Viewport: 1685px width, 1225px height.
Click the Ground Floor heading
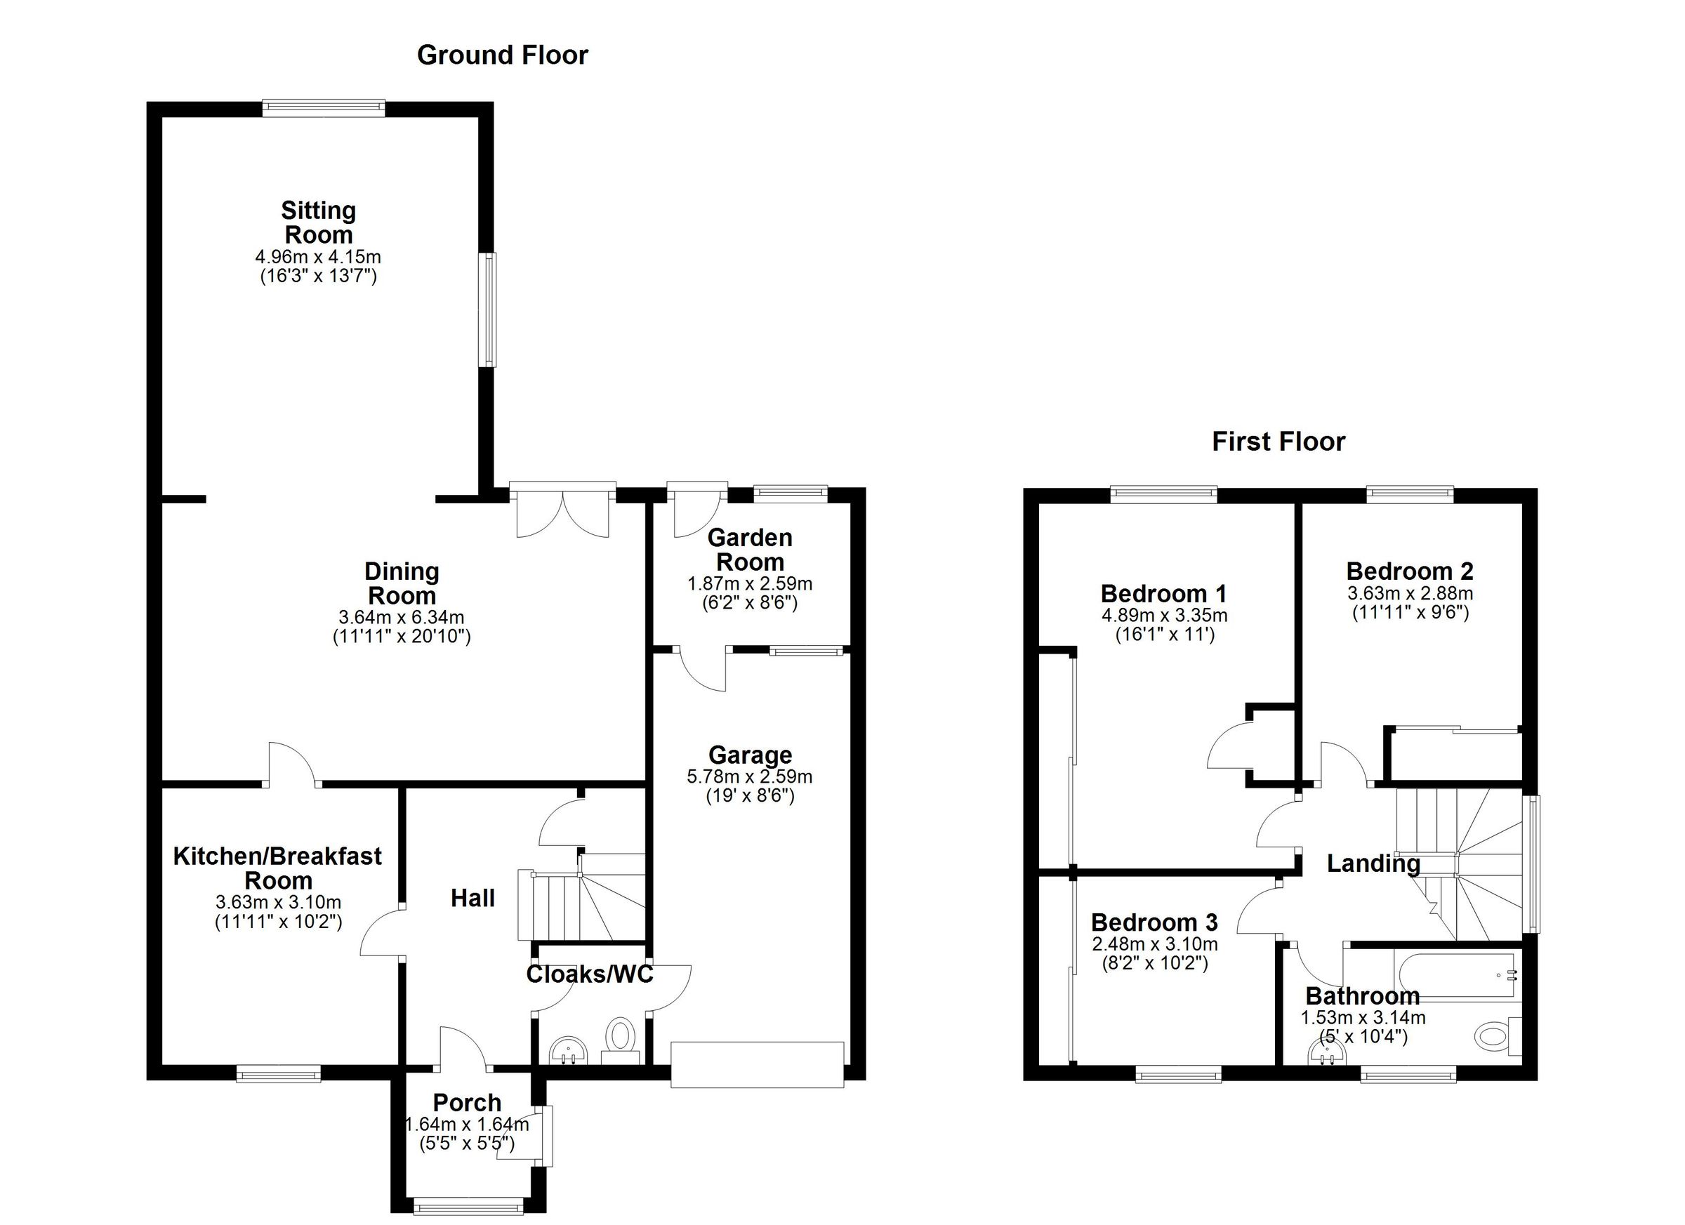[x=502, y=55]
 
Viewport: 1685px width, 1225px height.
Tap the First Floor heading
[x=1278, y=442]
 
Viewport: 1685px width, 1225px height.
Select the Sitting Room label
[x=318, y=223]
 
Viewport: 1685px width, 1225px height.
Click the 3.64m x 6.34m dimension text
[x=401, y=616]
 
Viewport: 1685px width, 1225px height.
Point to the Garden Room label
[x=750, y=550]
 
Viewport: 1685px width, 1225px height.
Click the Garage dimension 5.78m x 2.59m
[x=750, y=777]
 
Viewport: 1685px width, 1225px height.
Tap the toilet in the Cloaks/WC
[x=620, y=1035]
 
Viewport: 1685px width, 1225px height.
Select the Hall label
[x=473, y=899]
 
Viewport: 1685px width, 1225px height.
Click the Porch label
[x=467, y=1102]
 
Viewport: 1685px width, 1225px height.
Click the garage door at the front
[x=757, y=1064]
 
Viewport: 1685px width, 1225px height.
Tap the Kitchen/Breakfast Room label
[x=278, y=868]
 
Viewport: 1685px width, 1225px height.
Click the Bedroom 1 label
[x=1163, y=594]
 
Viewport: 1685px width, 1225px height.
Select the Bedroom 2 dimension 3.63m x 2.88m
[x=1410, y=594]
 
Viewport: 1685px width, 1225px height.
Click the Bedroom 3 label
[x=1154, y=922]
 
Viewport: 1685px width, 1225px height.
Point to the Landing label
[x=1373, y=863]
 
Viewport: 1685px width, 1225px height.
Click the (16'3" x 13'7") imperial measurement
[x=318, y=277]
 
